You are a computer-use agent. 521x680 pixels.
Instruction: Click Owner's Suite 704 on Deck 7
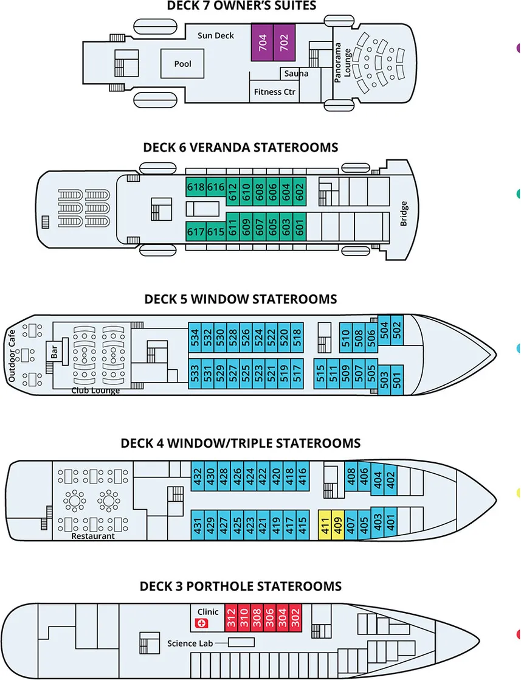pyautogui.click(x=262, y=42)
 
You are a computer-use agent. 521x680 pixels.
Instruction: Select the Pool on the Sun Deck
pyautogui.click(x=182, y=64)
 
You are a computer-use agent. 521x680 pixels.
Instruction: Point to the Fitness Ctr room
pyautogui.click(x=274, y=92)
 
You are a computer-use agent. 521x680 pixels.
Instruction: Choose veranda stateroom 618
pyautogui.click(x=195, y=187)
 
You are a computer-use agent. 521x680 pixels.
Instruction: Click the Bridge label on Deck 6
pyautogui.click(x=404, y=213)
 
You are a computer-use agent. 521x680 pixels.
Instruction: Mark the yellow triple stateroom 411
pyautogui.click(x=325, y=524)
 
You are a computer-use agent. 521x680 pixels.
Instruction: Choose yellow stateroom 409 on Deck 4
pyautogui.click(x=337, y=524)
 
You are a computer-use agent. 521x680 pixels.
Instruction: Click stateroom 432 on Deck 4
pyautogui.click(x=197, y=476)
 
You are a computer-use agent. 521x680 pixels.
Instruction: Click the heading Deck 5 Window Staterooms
pyautogui.click(x=240, y=299)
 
